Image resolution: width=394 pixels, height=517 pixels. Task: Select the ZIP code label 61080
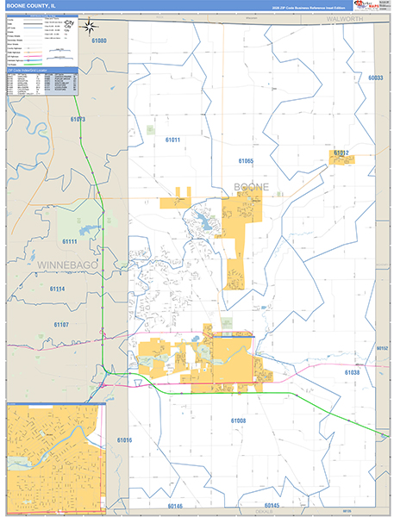coord(99,40)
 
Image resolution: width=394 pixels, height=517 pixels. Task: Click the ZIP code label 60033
coord(374,78)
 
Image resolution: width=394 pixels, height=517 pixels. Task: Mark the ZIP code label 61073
coord(78,119)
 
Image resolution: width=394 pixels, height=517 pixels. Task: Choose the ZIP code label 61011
coord(172,140)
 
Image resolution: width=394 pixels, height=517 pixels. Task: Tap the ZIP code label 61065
coord(246,161)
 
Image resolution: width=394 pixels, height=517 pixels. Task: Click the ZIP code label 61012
coord(341,153)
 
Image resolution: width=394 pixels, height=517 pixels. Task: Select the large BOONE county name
coord(251,187)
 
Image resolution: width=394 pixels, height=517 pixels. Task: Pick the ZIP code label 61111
coord(70,242)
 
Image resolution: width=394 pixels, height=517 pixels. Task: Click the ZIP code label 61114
coord(57,289)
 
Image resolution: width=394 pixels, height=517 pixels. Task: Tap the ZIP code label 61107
coord(60,324)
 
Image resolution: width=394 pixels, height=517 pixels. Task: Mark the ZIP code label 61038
coord(352,372)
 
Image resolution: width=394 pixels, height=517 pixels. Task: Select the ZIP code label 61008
coord(238,420)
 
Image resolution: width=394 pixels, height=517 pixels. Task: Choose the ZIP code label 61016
coord(125,440)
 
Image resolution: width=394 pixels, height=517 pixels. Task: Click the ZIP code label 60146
coord(176,506)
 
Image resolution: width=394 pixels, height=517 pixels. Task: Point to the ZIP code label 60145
coord(272,505)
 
